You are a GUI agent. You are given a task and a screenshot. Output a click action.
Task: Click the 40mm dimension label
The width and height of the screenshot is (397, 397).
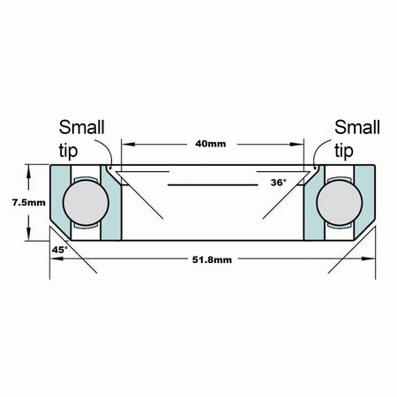(211, 144)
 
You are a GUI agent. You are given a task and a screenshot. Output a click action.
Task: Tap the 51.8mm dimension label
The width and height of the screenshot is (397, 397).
(212, 260)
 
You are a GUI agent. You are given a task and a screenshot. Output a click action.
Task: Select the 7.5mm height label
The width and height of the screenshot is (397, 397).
(29, 203)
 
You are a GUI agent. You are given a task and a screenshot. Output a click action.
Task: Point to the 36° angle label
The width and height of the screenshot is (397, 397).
(278, 183)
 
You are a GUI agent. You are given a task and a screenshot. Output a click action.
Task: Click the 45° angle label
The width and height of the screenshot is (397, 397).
(60, 250)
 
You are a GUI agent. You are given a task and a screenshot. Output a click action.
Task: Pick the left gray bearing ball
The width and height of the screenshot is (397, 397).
(86, 203)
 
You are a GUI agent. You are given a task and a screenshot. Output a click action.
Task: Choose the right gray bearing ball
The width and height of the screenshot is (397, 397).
(340, 203)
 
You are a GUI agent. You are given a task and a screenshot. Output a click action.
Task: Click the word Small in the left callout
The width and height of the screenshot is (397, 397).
(82, 127)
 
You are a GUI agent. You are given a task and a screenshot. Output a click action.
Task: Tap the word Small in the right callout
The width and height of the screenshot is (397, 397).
(357, 127)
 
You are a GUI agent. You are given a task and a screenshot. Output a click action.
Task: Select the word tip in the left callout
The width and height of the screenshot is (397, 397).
(68, 151)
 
